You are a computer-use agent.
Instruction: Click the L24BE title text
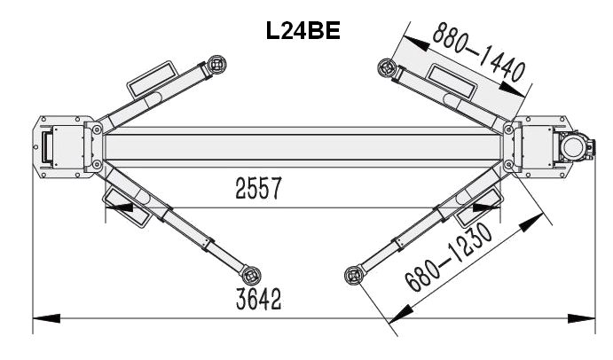[303, 30]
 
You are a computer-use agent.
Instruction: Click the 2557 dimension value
[258, 188]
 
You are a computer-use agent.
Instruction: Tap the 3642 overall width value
[258, 300]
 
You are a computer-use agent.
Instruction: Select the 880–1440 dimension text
[479, 51]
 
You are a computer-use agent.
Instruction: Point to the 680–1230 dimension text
[448, 257]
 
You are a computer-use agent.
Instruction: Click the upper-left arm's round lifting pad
[217, 64]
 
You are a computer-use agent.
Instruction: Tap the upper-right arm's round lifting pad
[387, 68]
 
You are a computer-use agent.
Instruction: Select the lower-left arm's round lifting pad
[251, 275]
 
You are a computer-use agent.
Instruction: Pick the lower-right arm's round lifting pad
[354, 275]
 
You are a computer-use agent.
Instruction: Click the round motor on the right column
[573, 146]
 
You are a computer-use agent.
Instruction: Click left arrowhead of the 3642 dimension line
[46, 318]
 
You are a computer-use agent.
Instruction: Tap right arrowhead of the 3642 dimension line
[581, 318]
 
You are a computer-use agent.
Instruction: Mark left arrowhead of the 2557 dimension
[119, 207]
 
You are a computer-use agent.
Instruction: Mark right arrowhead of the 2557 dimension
[487, 207]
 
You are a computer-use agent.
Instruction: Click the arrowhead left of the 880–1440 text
[417, 43]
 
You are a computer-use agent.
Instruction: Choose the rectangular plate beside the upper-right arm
[452, 81]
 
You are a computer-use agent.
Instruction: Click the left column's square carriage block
[68, 146]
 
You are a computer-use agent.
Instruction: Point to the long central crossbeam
[303, 146]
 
